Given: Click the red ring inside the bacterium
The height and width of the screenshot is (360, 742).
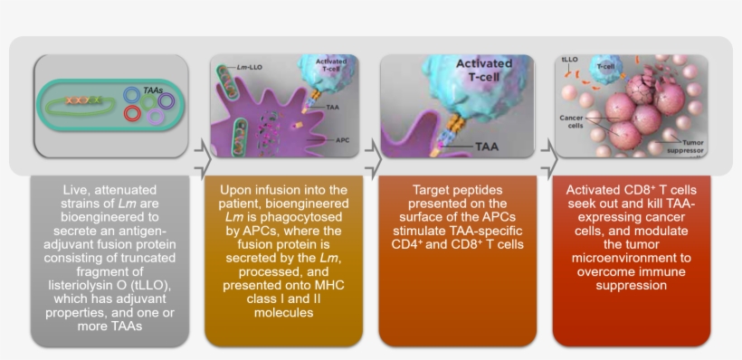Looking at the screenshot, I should tap(132, 113).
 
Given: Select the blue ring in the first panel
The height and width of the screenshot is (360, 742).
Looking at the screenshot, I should tap(132, 94).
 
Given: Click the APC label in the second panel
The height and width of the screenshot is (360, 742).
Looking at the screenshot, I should tap(342, 140).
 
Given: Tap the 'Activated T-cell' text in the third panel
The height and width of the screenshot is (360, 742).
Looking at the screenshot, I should tap(483, 71).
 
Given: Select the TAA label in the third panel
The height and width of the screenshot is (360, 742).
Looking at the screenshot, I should tap(487, 146).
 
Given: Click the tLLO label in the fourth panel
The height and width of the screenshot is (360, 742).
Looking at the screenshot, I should tap(571, 61).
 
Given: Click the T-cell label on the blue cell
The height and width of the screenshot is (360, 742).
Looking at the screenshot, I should tap(605, 65).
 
